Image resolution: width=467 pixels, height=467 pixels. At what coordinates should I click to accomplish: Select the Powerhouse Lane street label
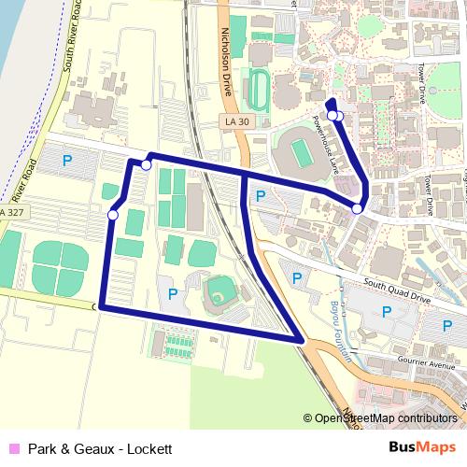(x=333, y=140)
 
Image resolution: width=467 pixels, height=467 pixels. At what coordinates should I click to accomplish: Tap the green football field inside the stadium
(x=301, y=149)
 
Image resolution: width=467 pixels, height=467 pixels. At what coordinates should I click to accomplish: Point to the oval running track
(x=257, y=90)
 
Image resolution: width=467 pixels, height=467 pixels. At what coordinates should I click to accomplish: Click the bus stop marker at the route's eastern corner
(x=358, y=209)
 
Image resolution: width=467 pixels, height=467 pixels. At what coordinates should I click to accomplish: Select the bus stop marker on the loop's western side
(x=113, y=216)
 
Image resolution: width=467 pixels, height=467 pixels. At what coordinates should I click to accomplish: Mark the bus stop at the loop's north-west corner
(x=146, y=165)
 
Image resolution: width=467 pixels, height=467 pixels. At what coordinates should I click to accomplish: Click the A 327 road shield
(x=12, y=214)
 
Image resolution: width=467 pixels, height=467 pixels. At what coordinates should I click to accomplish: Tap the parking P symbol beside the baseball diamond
(x=172, y=293)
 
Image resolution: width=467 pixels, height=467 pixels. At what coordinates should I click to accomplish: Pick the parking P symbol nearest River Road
(x=66, y=161)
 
